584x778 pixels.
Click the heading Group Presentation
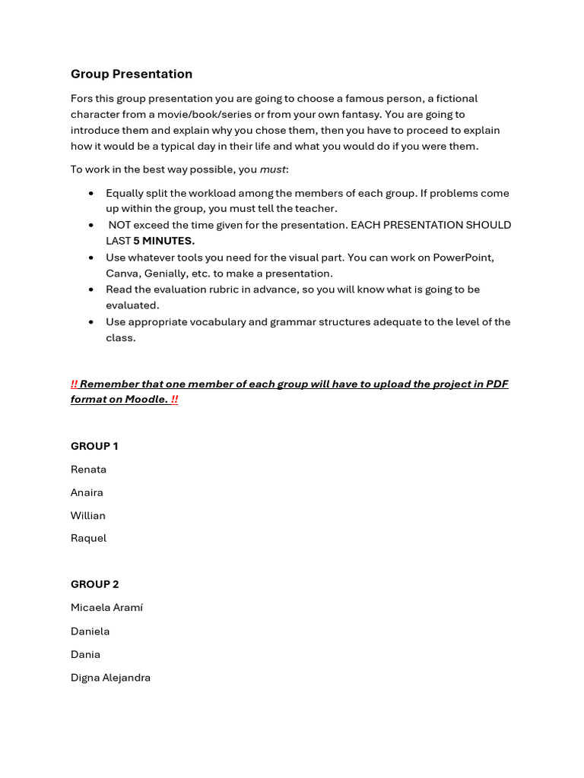click(x=132, y=74)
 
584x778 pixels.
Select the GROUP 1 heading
click(x=94, y=446)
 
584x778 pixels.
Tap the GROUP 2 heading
click(x=95, y=584)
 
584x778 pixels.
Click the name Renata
click(x=88, y=470)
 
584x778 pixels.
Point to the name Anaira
click(x=87, y=492)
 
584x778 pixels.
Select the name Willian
click(x=88, y=515)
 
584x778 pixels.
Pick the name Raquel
click(x=88, y=538)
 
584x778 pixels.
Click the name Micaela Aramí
click(x=106, y=608)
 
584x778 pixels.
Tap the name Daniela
click(x=90, y=631)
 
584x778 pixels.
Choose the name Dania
click(x=85, y=654)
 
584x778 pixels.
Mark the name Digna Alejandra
click(x=110, y=678)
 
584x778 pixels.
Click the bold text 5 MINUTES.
click(x=163, y=241)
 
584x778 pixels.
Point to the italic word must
click(x=273, y=169)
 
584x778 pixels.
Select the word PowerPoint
click(x=463, y=258)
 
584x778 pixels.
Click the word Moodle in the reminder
click(x=143, y=400)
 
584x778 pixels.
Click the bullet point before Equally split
click(x=91, y=194)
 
